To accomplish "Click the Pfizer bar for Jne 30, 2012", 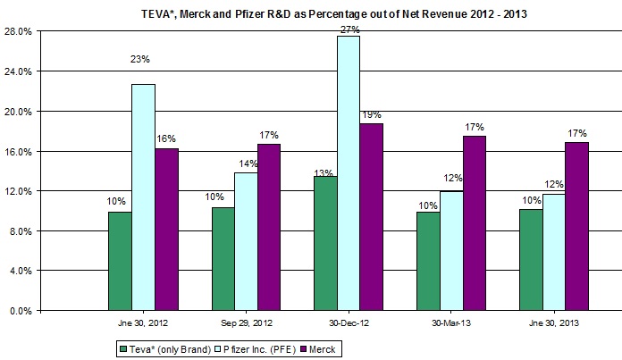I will click(x=143, y=197).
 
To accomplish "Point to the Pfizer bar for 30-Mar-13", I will click(x=450, y=251).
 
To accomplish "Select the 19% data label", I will click(x=372, y=114).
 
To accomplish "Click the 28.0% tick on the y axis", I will click(x=20, y=31).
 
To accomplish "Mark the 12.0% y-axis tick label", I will click(x=20, y=191).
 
